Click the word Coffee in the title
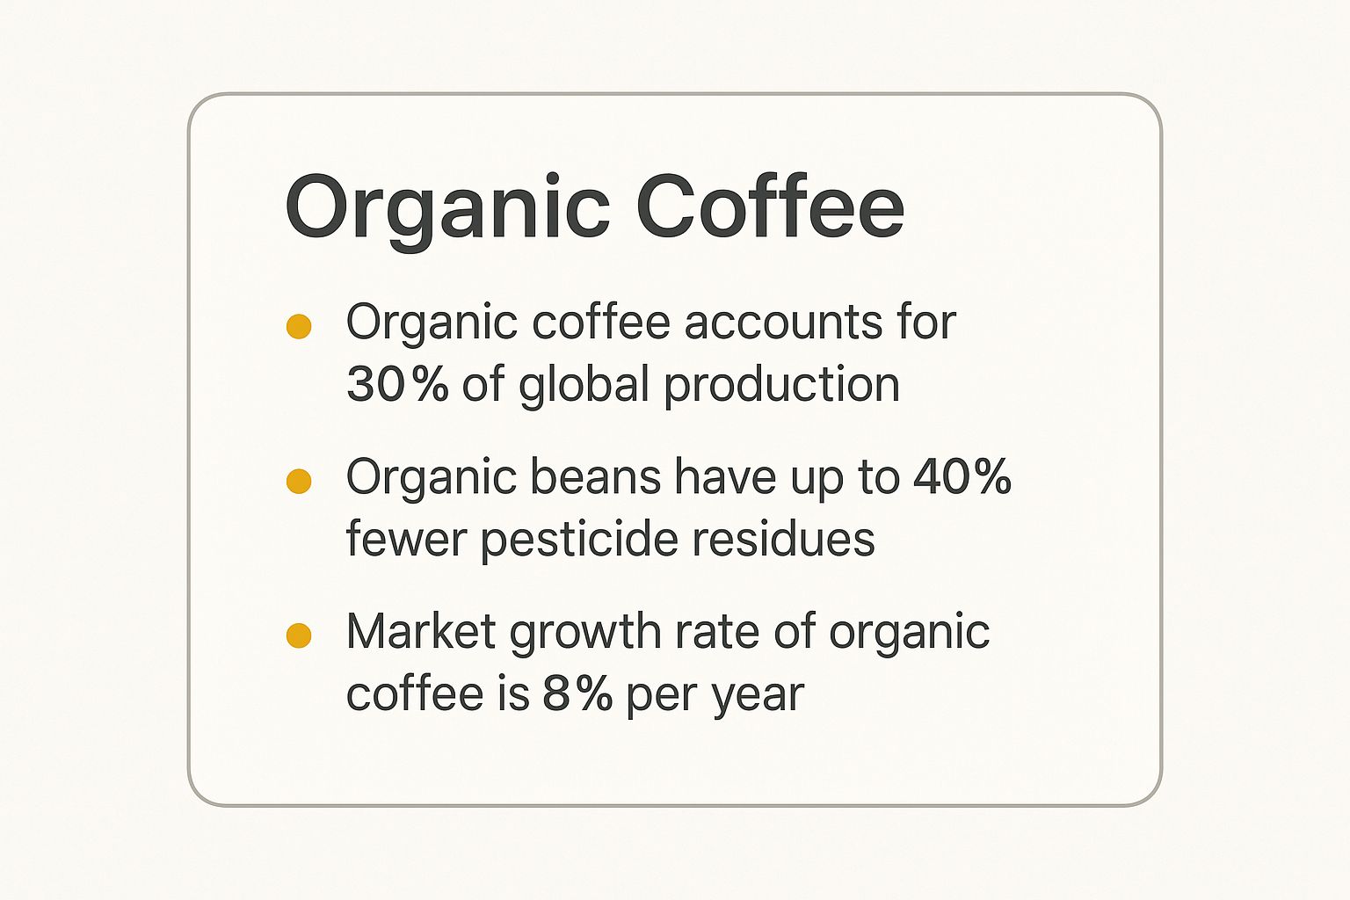point(770,207)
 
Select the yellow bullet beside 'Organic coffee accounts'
point(299,327)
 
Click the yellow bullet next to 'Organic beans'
point(299,482)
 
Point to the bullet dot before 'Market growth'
point(299,635)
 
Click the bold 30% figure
point(397,385)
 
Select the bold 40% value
point(962,477)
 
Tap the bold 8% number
point(577,694)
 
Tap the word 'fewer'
point(405,540)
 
